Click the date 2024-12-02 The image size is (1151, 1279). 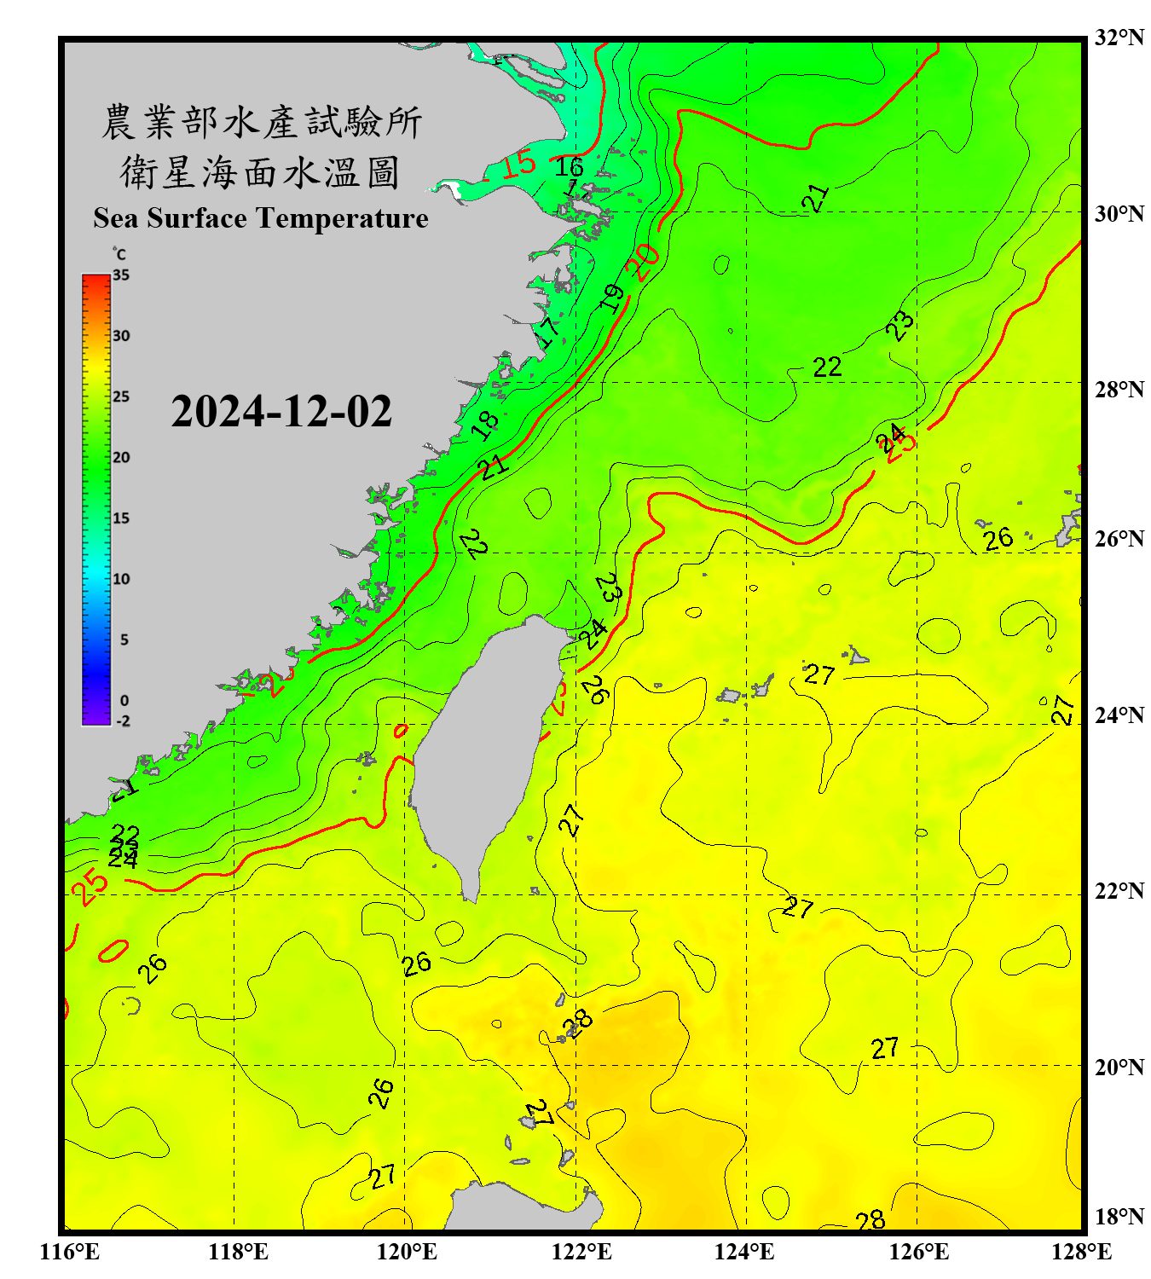281,411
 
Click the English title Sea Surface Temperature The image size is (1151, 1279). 261,218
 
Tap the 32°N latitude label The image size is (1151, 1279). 1119,38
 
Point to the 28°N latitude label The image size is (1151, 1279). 1119,390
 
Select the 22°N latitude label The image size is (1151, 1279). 1119,891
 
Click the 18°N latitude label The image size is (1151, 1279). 1119,1217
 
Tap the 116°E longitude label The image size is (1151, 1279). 70,1252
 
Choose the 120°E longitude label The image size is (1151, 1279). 407,1252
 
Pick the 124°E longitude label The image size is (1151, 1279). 744,1252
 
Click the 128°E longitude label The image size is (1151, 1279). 1081,1252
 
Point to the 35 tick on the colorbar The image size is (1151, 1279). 121,275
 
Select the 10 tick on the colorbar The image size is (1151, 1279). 121,579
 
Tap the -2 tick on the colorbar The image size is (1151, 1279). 123,721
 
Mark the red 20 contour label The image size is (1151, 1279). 643,261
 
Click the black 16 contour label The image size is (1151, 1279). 569,166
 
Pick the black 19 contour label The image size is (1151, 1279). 612,298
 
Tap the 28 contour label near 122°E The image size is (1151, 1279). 578,1021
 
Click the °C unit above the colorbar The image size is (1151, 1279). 119,254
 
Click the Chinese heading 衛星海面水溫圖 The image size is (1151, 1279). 260,173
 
